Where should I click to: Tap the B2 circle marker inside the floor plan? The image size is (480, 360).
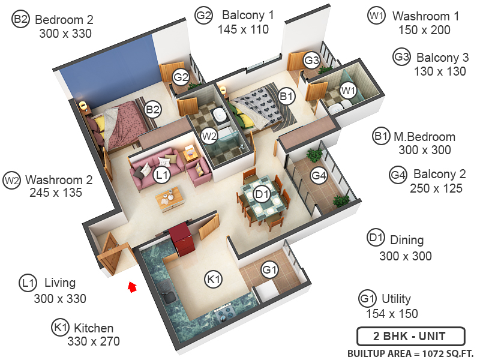click(x=153, y=110)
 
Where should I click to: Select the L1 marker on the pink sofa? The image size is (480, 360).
click(x=161, y=175)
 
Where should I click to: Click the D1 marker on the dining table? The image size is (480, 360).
click(x=261, y=194)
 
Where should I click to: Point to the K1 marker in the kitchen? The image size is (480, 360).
click(x=214, y=279)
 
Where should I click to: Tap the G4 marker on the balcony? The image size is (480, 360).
click(x=319, y=176)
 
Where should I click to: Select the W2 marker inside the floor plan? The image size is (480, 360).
click(x=209, y=136)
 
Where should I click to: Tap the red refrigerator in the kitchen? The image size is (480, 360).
click(x=179, y=239)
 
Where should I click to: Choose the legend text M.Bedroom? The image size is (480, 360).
click(x=424, y=137)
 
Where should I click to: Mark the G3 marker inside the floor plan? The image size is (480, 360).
click(x=311, y=60)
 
